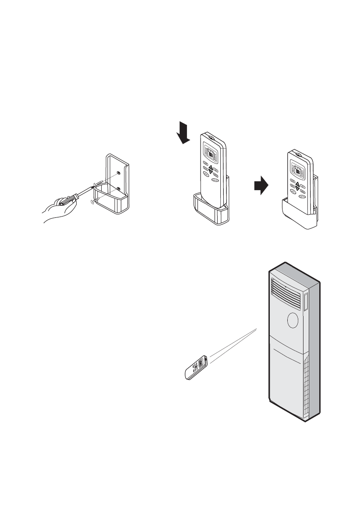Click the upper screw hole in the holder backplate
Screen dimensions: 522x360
pyautogui.click(x=119, y=173)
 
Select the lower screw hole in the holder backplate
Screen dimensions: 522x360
pyautogui.click(x=119, y=189)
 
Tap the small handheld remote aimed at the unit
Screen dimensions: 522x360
pyautogui.click(x=196, y=368)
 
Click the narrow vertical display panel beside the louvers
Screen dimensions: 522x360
pyautogui.click(x=305, y=301)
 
